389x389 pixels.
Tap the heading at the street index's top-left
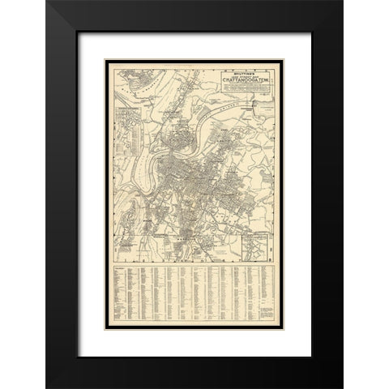click(x=119, y=268)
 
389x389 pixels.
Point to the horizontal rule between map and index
click(x=194, y=263)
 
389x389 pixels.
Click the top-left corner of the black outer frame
click(x=48, y=2)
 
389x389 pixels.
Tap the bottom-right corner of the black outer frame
click(x=340, y=386)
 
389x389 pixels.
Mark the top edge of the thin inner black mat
click(x=194, y=32)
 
